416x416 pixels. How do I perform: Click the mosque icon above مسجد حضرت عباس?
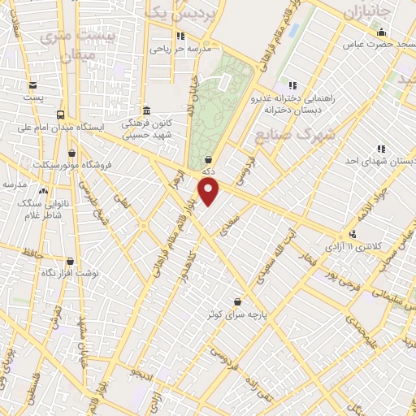(381, 32)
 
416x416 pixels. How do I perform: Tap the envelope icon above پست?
(32, 85)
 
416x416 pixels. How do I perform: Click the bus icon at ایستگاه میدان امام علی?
(61, 115)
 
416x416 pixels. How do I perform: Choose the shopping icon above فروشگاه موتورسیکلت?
(72, 152)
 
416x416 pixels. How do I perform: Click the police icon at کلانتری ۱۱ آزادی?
(352, 235)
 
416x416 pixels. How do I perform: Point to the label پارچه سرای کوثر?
(237, 313)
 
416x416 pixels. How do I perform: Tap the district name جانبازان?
(367, 14)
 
